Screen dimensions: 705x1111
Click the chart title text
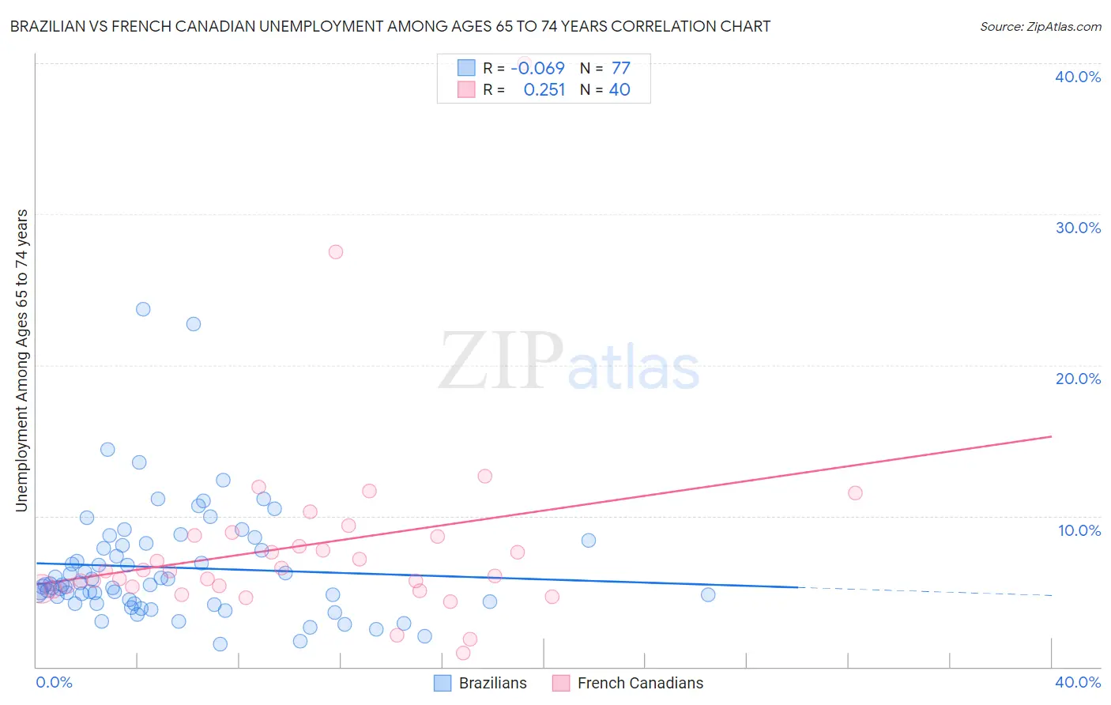[x=390, y=26]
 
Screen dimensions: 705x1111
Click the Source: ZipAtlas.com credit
[x=1040, y=26]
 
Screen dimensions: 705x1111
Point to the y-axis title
[x=21, y=360]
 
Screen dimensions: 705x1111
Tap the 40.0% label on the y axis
[x=1078, y=77]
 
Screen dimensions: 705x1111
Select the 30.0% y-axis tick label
[x=1078, y=228]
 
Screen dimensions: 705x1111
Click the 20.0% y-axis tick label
[x=1078, y=379]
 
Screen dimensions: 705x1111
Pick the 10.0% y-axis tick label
[x=1079, y=530]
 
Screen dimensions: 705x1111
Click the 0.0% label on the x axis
[x=54, y=682]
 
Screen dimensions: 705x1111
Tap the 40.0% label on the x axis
[x=1078, y=682]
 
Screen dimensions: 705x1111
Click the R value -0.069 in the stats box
[x=537, y=69]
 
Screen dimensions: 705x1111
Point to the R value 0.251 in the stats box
[x=544, y=90]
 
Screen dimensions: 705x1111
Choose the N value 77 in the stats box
[x=620, y=69]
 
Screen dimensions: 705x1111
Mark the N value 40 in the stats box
[x=620, y=90]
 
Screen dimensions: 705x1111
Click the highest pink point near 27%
[x=336, y=252]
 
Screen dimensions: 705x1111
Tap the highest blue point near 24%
[x=143, y=309]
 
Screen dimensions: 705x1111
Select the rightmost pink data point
[x=855, y=493]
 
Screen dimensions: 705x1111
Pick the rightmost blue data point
[x=708, y=595]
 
